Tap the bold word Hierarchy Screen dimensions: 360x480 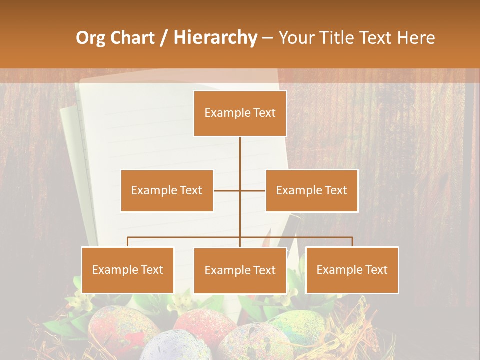coord(215,38)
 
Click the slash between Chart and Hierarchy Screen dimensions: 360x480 coord(164,38)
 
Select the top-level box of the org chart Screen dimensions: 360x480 coord(240,113)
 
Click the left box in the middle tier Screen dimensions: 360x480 coord(167,190)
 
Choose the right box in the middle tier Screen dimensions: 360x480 coord(311,190)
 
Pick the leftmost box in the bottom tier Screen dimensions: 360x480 coord(128,270)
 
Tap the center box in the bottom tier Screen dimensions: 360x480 coord(240,270)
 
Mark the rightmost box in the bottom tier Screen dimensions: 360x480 coord(352,270)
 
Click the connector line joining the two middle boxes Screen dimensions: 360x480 coord(227,190)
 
